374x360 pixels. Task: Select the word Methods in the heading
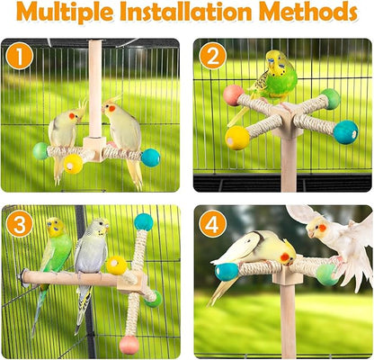coord(310,14)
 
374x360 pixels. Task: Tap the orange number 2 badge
coord(212,56)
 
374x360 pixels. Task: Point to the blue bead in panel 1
coord(149,157)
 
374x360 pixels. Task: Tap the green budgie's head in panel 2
coord(275,64)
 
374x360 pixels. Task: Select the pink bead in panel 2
coord(234,95)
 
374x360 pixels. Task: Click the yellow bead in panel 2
coord(238,137)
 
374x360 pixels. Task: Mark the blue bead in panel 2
coord(345,132)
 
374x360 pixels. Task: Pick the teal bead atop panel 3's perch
coord(143,222)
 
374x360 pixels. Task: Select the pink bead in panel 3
coord(129,344)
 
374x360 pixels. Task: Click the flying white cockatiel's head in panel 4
coord(320,230)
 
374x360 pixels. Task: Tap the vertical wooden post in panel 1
coord(94,90)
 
